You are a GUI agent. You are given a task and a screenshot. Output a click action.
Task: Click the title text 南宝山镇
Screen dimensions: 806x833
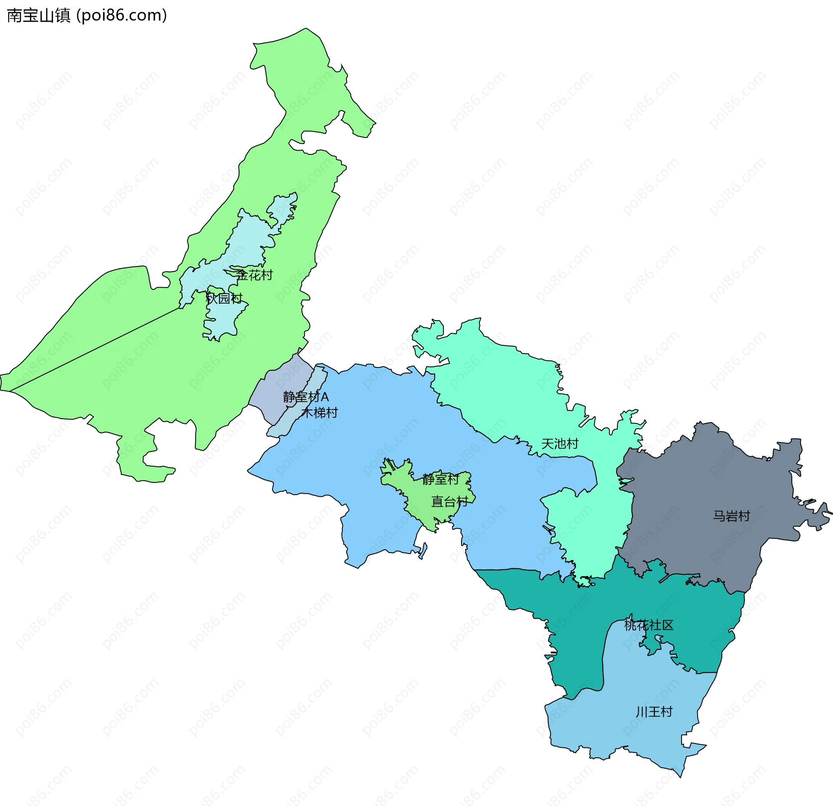[39, 16]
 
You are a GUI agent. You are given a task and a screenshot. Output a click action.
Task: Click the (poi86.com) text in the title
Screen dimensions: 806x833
[121, 16]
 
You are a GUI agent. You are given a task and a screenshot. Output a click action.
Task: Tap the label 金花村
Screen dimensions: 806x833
[255, 275]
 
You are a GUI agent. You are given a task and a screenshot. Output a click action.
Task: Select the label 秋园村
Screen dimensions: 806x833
[224, 298]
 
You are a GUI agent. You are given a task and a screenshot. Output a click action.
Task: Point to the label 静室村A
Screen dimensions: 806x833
[305, 396]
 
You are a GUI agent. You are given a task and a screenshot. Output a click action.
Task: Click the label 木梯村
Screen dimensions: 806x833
[320, 413]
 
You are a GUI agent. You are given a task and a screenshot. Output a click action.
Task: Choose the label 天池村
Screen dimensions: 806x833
[560, 444]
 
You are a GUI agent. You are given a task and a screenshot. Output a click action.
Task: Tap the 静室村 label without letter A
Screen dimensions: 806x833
[440, 479]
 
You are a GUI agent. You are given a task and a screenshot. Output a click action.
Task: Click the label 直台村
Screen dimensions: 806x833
[449, 502]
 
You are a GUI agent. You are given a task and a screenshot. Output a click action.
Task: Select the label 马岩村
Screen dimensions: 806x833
[731, 516]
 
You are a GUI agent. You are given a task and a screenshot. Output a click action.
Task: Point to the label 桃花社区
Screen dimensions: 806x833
[649, 625]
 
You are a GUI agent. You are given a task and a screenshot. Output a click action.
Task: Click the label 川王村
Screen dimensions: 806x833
[654, 712]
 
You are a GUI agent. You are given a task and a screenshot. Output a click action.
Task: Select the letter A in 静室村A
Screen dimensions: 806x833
[325, 396]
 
